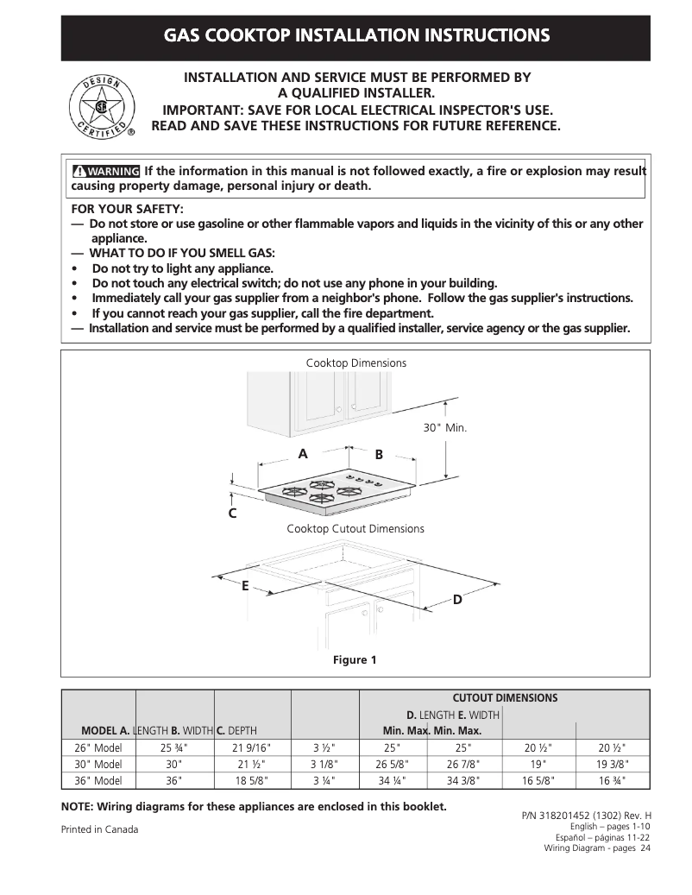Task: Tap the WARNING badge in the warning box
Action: coord(106,171)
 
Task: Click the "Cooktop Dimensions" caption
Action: coord(355,363)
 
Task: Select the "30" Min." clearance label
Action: coord(444,428)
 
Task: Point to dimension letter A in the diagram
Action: coord(303,454)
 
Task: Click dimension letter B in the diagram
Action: coord(379,455)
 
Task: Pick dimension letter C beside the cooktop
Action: coord(232,514)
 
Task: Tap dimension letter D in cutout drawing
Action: coord(457,599)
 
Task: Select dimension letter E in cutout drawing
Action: coord(245,586)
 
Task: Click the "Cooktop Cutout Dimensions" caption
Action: coord(355,529)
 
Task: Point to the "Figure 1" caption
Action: coord(355,660)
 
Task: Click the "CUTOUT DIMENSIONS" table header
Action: coord(505,697)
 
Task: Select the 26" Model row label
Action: coord(98,747)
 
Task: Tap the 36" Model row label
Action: coord(98,780)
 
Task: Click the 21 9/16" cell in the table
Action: coord(252,747)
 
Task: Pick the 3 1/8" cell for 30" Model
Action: coord(324,764)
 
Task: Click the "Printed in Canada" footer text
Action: coord(99,829)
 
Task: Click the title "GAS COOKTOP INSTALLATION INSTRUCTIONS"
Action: coord(356,36)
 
